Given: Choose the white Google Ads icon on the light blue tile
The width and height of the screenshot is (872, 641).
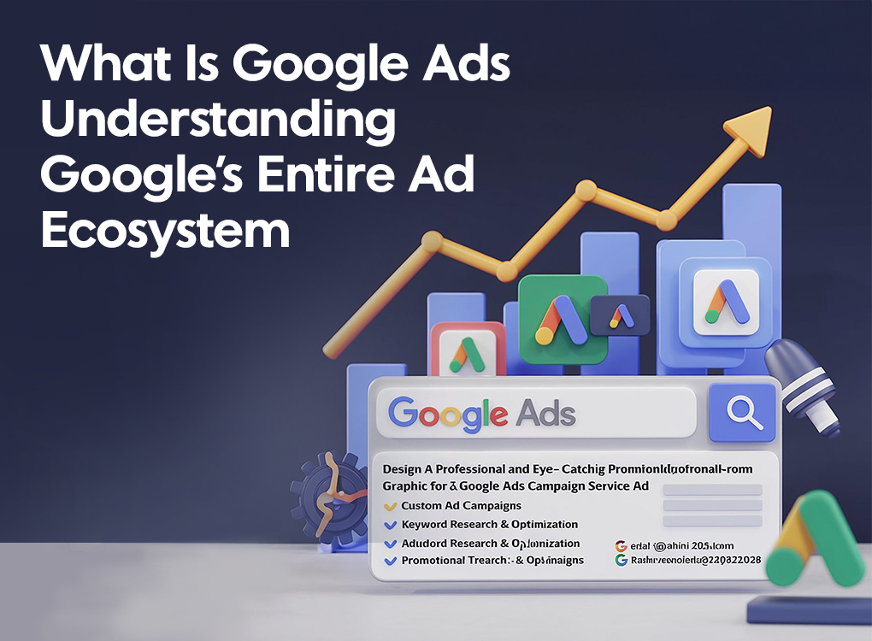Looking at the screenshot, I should click(725, 301).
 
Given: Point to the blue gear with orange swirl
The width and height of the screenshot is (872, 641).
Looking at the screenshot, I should click(328, 496).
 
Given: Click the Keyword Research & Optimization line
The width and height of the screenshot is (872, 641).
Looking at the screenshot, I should click(489, 524).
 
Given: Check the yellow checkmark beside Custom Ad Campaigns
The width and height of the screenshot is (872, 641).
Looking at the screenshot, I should click(390, 506).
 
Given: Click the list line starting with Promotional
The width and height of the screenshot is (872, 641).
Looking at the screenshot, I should click(492, 560).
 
